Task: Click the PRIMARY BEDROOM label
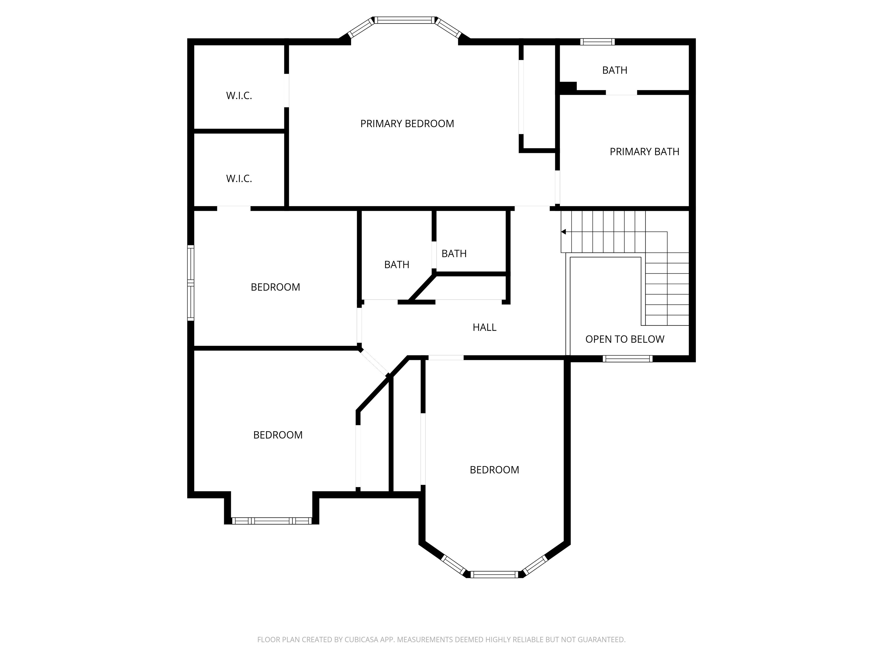[407, 124]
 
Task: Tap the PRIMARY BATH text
[644, 152]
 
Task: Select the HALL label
[485, 327]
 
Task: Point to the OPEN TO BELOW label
[625, 339]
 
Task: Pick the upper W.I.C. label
[239, 96]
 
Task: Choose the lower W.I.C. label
[239, 179]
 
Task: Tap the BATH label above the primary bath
[615, 70]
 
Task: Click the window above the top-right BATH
[597, 41]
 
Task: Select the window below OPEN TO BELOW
[627, 359]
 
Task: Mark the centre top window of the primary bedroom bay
[404, 20]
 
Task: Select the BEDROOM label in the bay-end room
[494, 470]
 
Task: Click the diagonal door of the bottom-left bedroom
[374, 362]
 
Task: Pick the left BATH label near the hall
[397, 265]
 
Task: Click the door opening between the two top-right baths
[621, 93]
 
